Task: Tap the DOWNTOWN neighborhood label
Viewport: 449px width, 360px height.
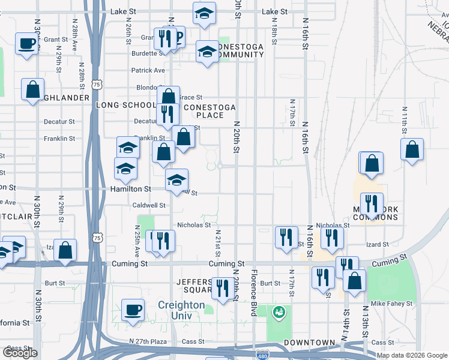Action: coord(310,343)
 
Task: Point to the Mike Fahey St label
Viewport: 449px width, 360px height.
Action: coord(391,304)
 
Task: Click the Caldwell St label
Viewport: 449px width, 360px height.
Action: coord(149,205)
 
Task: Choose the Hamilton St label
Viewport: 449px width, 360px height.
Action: coord(129,188)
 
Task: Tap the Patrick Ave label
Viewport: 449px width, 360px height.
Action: coord(148,70)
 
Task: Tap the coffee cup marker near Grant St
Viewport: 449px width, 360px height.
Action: coord(27,43)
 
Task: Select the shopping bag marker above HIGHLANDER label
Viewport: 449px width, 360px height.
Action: coord(32,89)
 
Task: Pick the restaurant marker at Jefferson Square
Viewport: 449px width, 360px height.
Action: coord(223,288)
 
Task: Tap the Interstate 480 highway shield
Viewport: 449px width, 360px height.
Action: coord(262,355)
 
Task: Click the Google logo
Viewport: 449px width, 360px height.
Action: coord(20,353)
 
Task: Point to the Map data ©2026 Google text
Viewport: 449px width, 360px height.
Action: coord(412,355)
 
